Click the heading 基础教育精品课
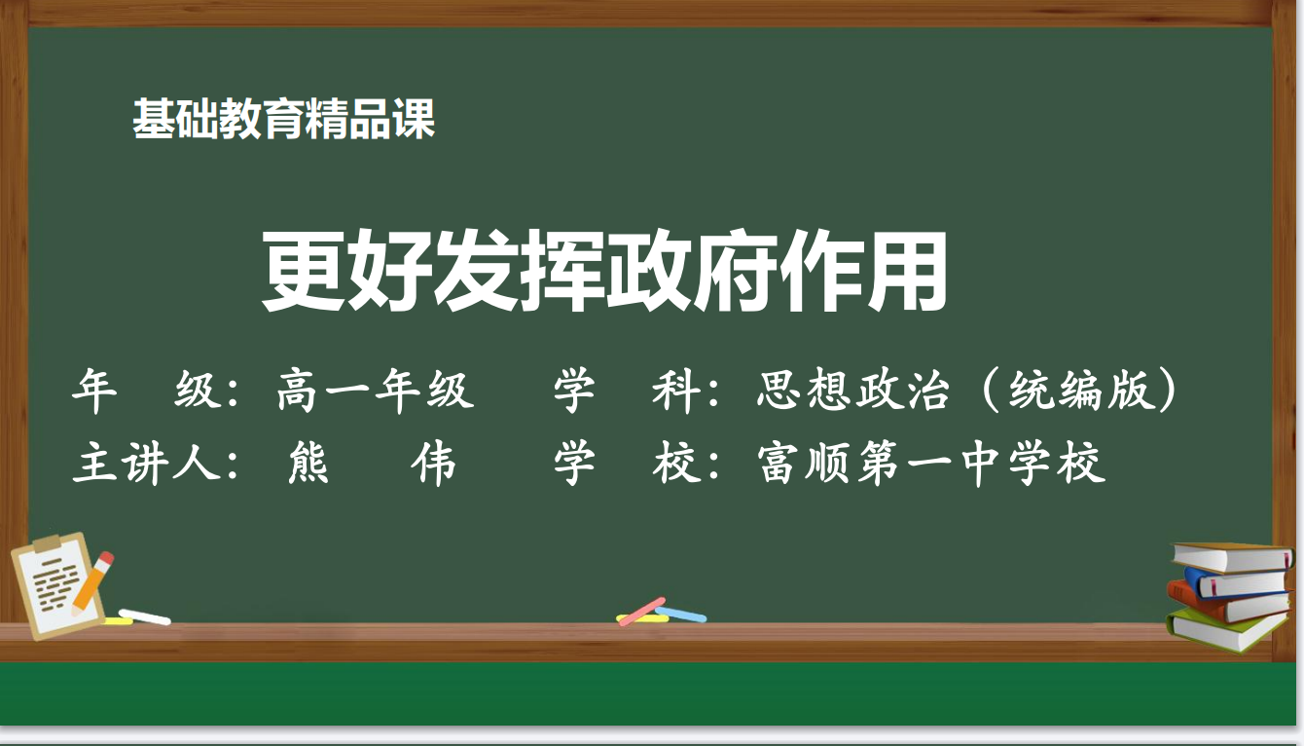(283, 119)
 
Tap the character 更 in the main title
(303, 271)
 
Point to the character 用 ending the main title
(906, 271)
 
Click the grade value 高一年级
(376, 390)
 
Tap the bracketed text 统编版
(1083, 390)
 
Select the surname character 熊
(309, 463)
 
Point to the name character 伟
(434, 463)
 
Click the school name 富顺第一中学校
(931, 463)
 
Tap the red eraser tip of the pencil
(105, 560)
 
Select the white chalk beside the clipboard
(144, 617)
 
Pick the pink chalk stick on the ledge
(641, 612)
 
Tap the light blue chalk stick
(681, 615)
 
